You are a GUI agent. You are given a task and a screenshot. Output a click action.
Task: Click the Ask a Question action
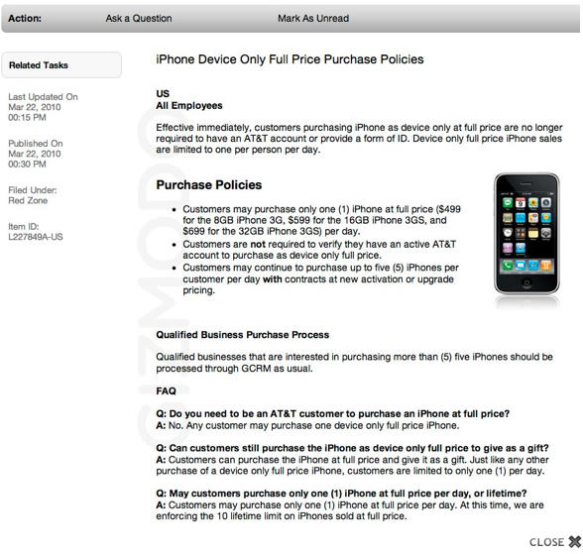139,18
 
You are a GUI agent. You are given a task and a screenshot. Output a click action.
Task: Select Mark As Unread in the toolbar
313,18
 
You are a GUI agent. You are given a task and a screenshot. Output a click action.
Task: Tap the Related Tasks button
61,65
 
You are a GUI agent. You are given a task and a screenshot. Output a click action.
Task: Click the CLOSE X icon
575,542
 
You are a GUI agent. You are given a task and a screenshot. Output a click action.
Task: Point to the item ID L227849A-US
36,237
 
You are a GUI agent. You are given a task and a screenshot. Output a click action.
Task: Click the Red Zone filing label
28,200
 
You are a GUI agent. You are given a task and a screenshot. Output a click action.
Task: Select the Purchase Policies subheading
209,184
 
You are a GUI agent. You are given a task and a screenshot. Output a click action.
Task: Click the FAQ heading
166,390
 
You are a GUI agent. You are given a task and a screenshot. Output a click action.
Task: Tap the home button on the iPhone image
526,282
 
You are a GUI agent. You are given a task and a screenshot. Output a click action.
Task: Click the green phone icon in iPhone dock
508,266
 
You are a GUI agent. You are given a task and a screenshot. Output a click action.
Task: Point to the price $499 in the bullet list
449,209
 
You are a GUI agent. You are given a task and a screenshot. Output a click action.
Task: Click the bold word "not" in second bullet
258,244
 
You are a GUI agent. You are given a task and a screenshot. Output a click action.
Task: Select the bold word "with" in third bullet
272,279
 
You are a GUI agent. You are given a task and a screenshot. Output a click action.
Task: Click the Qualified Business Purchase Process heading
242,335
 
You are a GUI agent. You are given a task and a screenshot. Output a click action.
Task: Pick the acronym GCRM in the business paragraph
256,369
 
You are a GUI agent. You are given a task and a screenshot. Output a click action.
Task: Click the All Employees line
189,105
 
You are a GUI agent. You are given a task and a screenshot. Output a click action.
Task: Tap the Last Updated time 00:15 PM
27,117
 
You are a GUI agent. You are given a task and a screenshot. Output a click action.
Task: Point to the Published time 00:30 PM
27,164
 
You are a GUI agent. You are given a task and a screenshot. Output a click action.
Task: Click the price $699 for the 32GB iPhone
193,231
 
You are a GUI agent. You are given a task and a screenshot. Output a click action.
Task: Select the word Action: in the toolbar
25,18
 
